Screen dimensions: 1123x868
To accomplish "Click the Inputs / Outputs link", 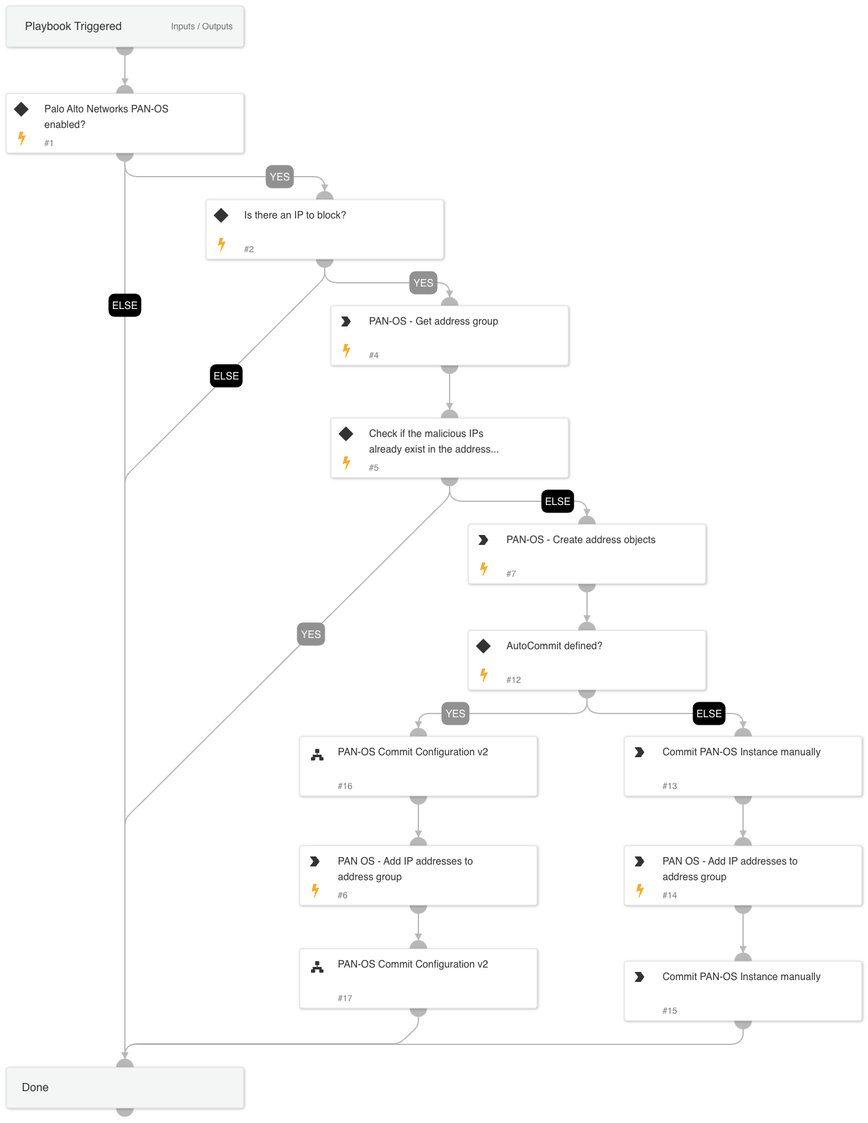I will (202, 26).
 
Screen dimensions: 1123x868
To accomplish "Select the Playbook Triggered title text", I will (73, 26).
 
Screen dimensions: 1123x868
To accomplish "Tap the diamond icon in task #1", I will (22, 109).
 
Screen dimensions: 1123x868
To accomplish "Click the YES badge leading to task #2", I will (280, 177).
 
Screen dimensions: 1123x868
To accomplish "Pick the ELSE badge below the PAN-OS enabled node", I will (125, 305).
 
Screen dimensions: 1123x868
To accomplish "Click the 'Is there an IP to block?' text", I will (295, 215).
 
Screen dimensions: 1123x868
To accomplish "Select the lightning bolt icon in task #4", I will (347, 350).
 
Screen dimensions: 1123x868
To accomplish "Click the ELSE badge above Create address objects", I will (557, 501).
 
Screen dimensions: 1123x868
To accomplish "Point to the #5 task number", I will (373, 468).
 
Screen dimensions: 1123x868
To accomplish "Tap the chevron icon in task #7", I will (483, 540).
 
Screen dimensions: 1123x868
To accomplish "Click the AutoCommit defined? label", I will (554, 645).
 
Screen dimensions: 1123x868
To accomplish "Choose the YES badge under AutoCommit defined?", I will (455, 714).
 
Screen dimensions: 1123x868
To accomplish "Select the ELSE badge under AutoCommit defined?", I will (709, 714).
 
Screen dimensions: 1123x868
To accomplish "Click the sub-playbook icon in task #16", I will (317, 755).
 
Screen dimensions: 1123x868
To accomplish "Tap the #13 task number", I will (669, 786).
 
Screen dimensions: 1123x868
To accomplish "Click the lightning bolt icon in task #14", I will (640, 890).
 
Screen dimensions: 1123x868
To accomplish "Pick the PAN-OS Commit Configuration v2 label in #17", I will (413, 964).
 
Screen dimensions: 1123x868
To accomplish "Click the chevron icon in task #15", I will (639, 977).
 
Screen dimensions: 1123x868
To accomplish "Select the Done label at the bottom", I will (35, 1087).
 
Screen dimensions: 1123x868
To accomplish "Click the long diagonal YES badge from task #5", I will (311, 634).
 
